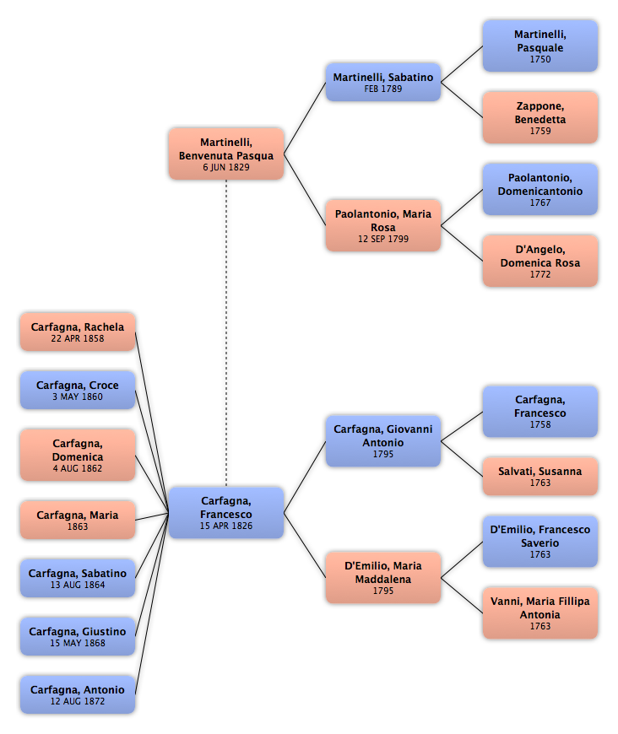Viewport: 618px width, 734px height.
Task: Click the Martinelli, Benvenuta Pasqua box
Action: click(x=226, y=154)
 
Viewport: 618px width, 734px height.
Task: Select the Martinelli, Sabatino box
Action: click(x=383, y=83)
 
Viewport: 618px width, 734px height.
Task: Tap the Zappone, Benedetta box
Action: click(x=540, y=117)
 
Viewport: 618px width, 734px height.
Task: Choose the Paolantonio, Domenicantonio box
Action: click(x=540, y=189)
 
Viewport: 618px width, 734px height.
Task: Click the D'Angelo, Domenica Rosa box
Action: click(x=540, y=261)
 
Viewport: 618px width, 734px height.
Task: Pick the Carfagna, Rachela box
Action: click(x=78, y=332)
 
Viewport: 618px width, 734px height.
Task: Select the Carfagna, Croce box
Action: click(x=78, y=390)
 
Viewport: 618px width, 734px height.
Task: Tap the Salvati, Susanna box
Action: click(x=540, y=477)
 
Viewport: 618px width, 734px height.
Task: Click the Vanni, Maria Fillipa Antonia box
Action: click(x=540, y=613)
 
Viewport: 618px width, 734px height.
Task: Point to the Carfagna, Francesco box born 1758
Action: click(x=540, y=412)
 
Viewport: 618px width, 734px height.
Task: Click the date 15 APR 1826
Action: click(x=226, y=526)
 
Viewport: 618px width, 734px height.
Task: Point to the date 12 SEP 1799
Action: click(x=383, y=239)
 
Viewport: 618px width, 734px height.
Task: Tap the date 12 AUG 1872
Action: click(x=78, y=701)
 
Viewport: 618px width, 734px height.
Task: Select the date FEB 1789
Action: click(x=383, y=89)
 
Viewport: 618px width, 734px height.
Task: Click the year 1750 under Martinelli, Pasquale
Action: click(x=540, y=59)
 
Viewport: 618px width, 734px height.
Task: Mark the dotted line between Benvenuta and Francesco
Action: click(x=226, y=333)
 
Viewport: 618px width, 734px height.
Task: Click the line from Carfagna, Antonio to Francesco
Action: click(x=152, y=603)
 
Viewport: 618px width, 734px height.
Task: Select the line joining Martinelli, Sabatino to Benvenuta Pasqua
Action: click(x=305, y=118)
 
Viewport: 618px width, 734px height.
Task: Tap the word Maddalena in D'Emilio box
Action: click(x=383, y=579)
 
